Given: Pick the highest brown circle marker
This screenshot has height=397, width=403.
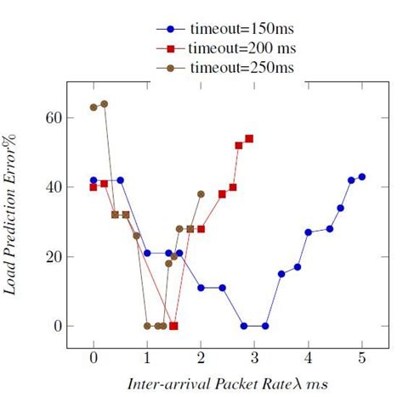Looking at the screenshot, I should [104, 103].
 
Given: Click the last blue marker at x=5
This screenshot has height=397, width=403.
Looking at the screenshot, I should [362, 176].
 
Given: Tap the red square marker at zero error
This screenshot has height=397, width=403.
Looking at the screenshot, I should [173, 326].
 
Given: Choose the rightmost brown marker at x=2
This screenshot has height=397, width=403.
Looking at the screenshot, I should [201, 193].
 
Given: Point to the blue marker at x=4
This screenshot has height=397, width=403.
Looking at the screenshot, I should [309, 232].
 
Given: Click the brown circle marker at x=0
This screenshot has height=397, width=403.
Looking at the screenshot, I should [94, 107].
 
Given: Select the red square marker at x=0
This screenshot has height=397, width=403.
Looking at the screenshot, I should [94, 187].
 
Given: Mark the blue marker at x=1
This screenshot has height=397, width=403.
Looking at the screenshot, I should [147, 253].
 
